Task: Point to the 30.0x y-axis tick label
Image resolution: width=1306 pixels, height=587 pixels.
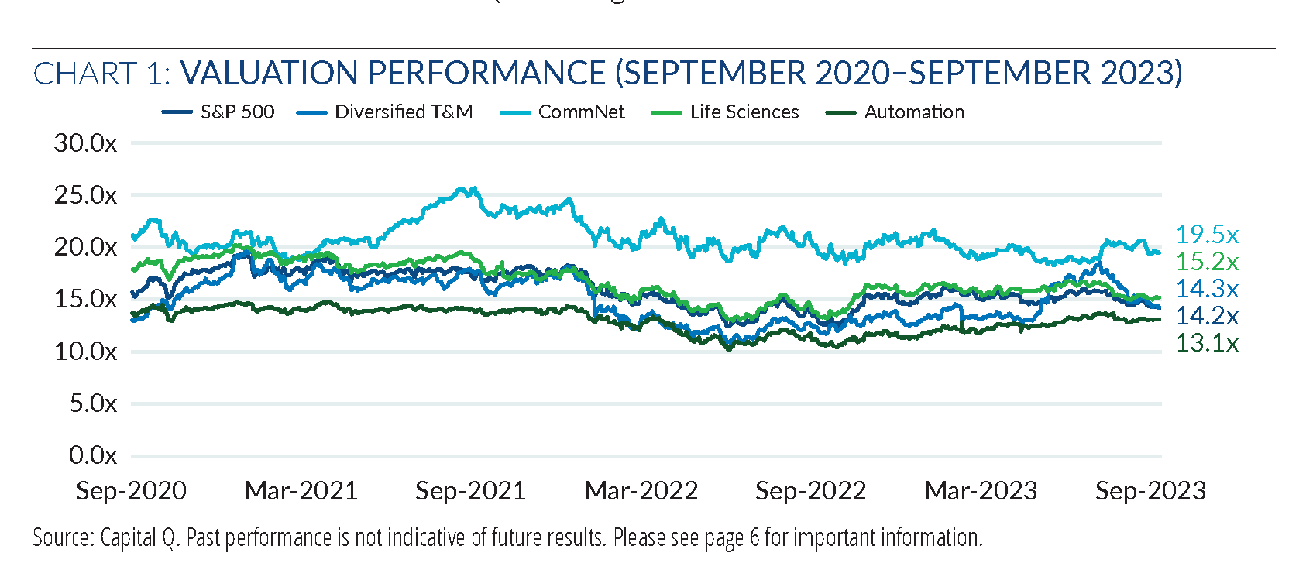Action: (85, 143)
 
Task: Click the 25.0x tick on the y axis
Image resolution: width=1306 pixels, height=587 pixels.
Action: (85, 195)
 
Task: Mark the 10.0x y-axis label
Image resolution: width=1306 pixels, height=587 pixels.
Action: (85, 352)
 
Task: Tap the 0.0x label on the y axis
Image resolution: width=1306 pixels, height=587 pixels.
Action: (92, 455)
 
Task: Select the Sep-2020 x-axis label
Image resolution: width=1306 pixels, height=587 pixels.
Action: (131, 491)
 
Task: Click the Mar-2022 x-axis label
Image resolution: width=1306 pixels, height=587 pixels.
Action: (641, 491)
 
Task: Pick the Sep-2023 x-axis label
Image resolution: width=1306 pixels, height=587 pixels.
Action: (1150, 491)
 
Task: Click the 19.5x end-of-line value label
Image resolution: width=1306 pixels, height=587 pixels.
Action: (1207, 235)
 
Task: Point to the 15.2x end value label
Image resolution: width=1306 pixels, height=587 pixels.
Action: (1207, 262)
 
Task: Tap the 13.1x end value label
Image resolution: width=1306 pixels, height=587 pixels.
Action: (1207, 343)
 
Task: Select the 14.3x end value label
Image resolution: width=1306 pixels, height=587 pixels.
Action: (1207, 289)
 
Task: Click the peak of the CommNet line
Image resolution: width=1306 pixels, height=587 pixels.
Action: (474, 188)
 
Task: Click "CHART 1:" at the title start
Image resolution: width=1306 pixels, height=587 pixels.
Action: (101, 74)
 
